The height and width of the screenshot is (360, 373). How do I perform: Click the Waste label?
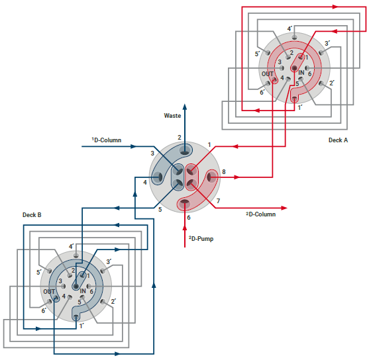point(172,116)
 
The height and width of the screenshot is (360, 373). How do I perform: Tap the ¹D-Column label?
point(107,140)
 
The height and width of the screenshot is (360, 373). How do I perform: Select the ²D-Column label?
point(261,214)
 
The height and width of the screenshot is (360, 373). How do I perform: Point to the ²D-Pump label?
point(201,239)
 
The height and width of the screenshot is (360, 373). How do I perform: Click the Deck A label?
point(338,140)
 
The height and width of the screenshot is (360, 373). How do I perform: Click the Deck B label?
point(32,215)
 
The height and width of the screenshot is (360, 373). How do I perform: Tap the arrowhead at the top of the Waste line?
point(185,107)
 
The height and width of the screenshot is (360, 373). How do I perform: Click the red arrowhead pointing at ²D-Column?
point(284,208)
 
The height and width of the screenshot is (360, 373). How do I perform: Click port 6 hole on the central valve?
point(185,202)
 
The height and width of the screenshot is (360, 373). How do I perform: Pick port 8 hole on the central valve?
point(210,177)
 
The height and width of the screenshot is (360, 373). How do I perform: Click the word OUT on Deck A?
point(268,74)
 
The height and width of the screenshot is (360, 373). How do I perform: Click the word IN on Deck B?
point(83,291)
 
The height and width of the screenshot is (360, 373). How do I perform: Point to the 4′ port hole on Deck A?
point(295,37)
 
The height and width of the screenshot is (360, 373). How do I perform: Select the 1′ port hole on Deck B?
point(76,317)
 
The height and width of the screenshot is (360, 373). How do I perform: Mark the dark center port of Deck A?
point(295,68)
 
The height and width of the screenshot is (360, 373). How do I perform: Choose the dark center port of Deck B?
point(76,287)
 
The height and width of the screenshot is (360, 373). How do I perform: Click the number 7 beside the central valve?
point(218,201)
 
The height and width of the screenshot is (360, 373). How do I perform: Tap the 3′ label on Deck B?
point(109,261)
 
